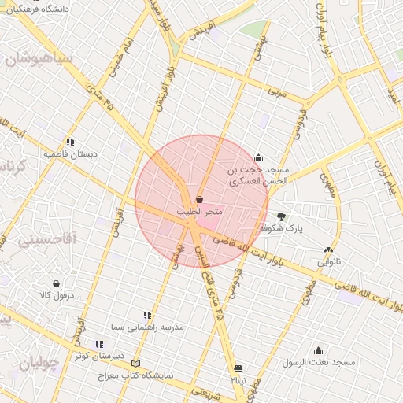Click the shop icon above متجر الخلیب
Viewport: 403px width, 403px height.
pos(199,200)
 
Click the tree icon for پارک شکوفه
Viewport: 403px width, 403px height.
pos(282,216)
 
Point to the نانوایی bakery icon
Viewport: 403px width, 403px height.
pos(338,250)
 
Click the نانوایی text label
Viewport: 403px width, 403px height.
pos(331,261)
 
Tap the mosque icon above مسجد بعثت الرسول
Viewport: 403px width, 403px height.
pos(319,351)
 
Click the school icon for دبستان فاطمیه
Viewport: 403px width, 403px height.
pos(70,142)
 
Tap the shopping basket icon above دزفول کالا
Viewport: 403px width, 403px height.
pos(56,283)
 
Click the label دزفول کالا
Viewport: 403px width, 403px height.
pos(56,295)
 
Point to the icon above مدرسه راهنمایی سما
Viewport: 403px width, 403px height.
pos(147,315)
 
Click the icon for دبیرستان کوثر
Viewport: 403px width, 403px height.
pos(99,344)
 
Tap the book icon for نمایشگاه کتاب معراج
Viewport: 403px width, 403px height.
pos(138,364)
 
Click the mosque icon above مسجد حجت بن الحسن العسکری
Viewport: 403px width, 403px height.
pos(259,158)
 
